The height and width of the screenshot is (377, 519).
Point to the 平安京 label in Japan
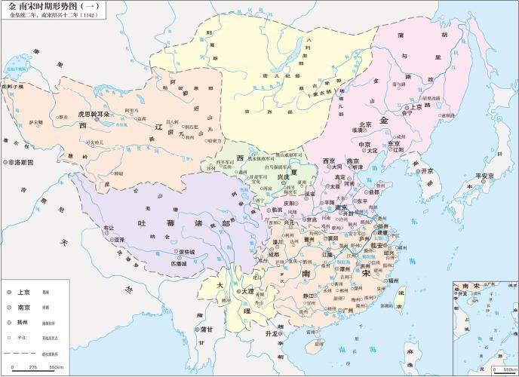[x=483, y=176]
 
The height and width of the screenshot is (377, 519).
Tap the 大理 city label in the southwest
[x=246, y=290]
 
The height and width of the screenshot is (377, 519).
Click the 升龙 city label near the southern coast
[x=272, y=333]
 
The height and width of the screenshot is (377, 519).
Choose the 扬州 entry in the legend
[x=23, y=320]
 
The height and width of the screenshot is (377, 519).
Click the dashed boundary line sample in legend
[x=23, y=351]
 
